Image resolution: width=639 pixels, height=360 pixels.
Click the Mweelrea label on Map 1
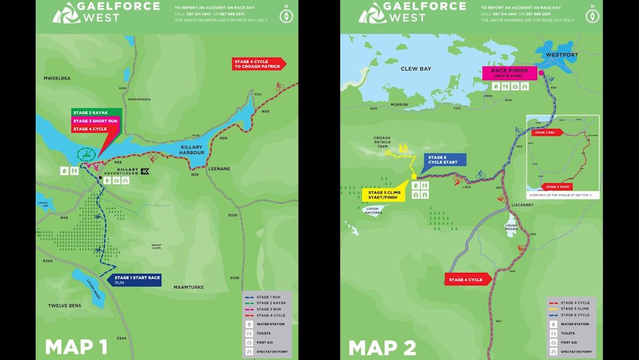coord(57,78)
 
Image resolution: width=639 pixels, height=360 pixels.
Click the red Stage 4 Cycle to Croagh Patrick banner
coord(256,64)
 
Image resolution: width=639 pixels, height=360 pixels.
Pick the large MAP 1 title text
coord(76,347)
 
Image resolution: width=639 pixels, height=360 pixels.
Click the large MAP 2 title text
coord(382,347)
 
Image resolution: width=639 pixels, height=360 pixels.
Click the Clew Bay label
coord(416,69)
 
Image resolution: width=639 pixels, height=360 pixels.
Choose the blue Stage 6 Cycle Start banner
coord(444,160)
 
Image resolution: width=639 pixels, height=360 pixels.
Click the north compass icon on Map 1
coord(286,16)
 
